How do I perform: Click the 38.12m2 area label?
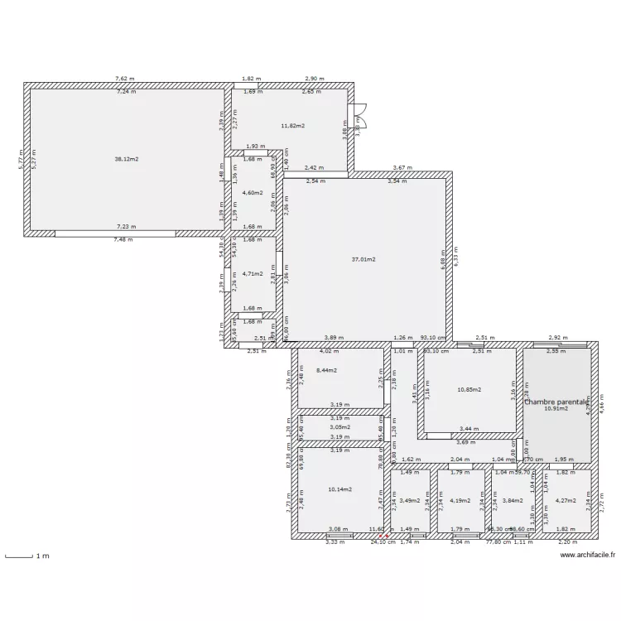pos(127,159)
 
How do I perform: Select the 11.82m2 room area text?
pos(292,126)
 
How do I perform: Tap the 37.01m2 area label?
pos(363,259)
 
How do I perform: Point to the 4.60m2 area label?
pos(252,193)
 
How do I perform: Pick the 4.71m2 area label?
pos(252,273)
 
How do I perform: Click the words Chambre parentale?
pos(556,401)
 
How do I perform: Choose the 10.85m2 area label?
pos(469,389)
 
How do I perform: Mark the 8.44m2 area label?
pos(326,370)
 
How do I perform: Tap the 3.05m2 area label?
pos(339,427)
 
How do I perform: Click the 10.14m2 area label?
pos(339,489)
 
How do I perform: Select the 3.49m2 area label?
pos(409,500)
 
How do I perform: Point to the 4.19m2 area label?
pos(460,500)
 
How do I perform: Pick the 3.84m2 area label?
pos(513,500)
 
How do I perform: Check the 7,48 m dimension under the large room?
pos(124,239)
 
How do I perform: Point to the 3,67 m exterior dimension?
pos(402,168)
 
